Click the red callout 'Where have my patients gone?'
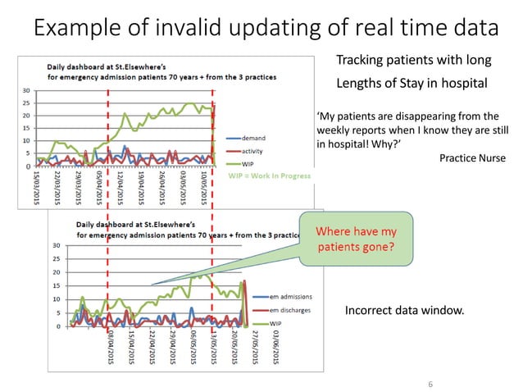point(356,239)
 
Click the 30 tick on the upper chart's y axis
point(27,90)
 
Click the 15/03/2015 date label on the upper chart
point(37,186)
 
